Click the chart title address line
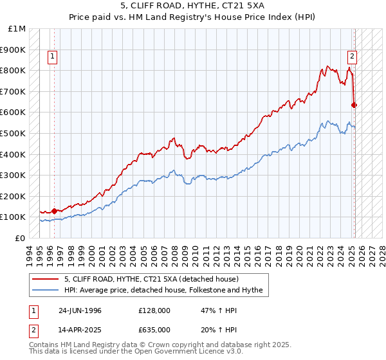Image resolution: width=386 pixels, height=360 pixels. [x=192, y=8]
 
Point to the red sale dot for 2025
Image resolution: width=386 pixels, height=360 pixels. [x=354, y=105]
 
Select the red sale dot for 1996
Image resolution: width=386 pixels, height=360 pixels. [x=54, y=210]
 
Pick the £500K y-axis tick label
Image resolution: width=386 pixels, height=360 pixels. [x=14, y=133]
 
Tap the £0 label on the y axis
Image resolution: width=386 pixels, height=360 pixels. [x=20, y=238]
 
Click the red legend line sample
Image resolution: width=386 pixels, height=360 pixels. [x=46, y=279]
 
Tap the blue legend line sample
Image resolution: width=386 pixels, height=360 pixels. [x=46, y=290]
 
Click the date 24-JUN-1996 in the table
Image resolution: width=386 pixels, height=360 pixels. [x=80, y=310]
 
